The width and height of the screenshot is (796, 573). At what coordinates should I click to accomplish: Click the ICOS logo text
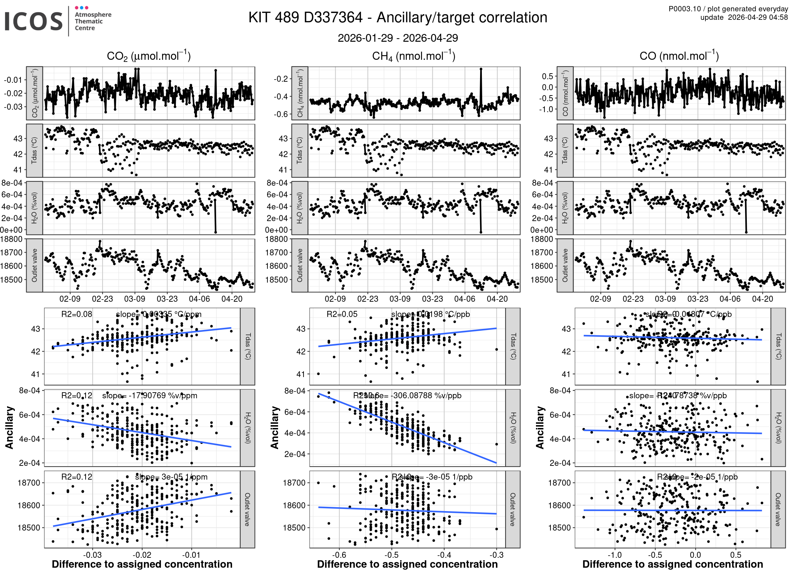34,21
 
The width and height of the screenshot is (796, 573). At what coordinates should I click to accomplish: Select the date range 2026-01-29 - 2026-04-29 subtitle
398,38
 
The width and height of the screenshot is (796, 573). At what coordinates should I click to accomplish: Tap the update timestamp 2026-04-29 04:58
758,17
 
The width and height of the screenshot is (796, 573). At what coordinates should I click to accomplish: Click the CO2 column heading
149,56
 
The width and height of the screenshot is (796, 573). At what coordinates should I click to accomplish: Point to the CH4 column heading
414,56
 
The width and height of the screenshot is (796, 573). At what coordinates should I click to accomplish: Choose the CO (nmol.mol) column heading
679,56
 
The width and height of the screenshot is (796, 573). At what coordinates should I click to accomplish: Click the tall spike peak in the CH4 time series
481,69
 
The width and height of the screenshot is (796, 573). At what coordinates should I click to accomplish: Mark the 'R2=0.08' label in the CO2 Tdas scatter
76,314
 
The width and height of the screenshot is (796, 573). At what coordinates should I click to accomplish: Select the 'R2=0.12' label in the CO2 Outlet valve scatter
76,477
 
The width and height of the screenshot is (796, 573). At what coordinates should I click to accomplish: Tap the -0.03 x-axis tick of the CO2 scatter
92,555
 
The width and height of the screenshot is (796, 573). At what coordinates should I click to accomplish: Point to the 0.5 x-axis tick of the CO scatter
736,555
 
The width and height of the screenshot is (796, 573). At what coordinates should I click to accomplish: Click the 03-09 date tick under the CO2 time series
134,299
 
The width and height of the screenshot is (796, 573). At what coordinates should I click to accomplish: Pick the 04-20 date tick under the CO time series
762,299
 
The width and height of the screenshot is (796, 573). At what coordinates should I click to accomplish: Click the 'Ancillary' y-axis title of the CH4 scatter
275,428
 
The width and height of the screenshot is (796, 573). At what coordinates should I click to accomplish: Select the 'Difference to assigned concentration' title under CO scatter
673,564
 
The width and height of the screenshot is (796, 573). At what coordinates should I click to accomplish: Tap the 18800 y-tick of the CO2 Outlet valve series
11,239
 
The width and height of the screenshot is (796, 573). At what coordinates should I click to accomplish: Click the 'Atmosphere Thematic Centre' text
93,21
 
